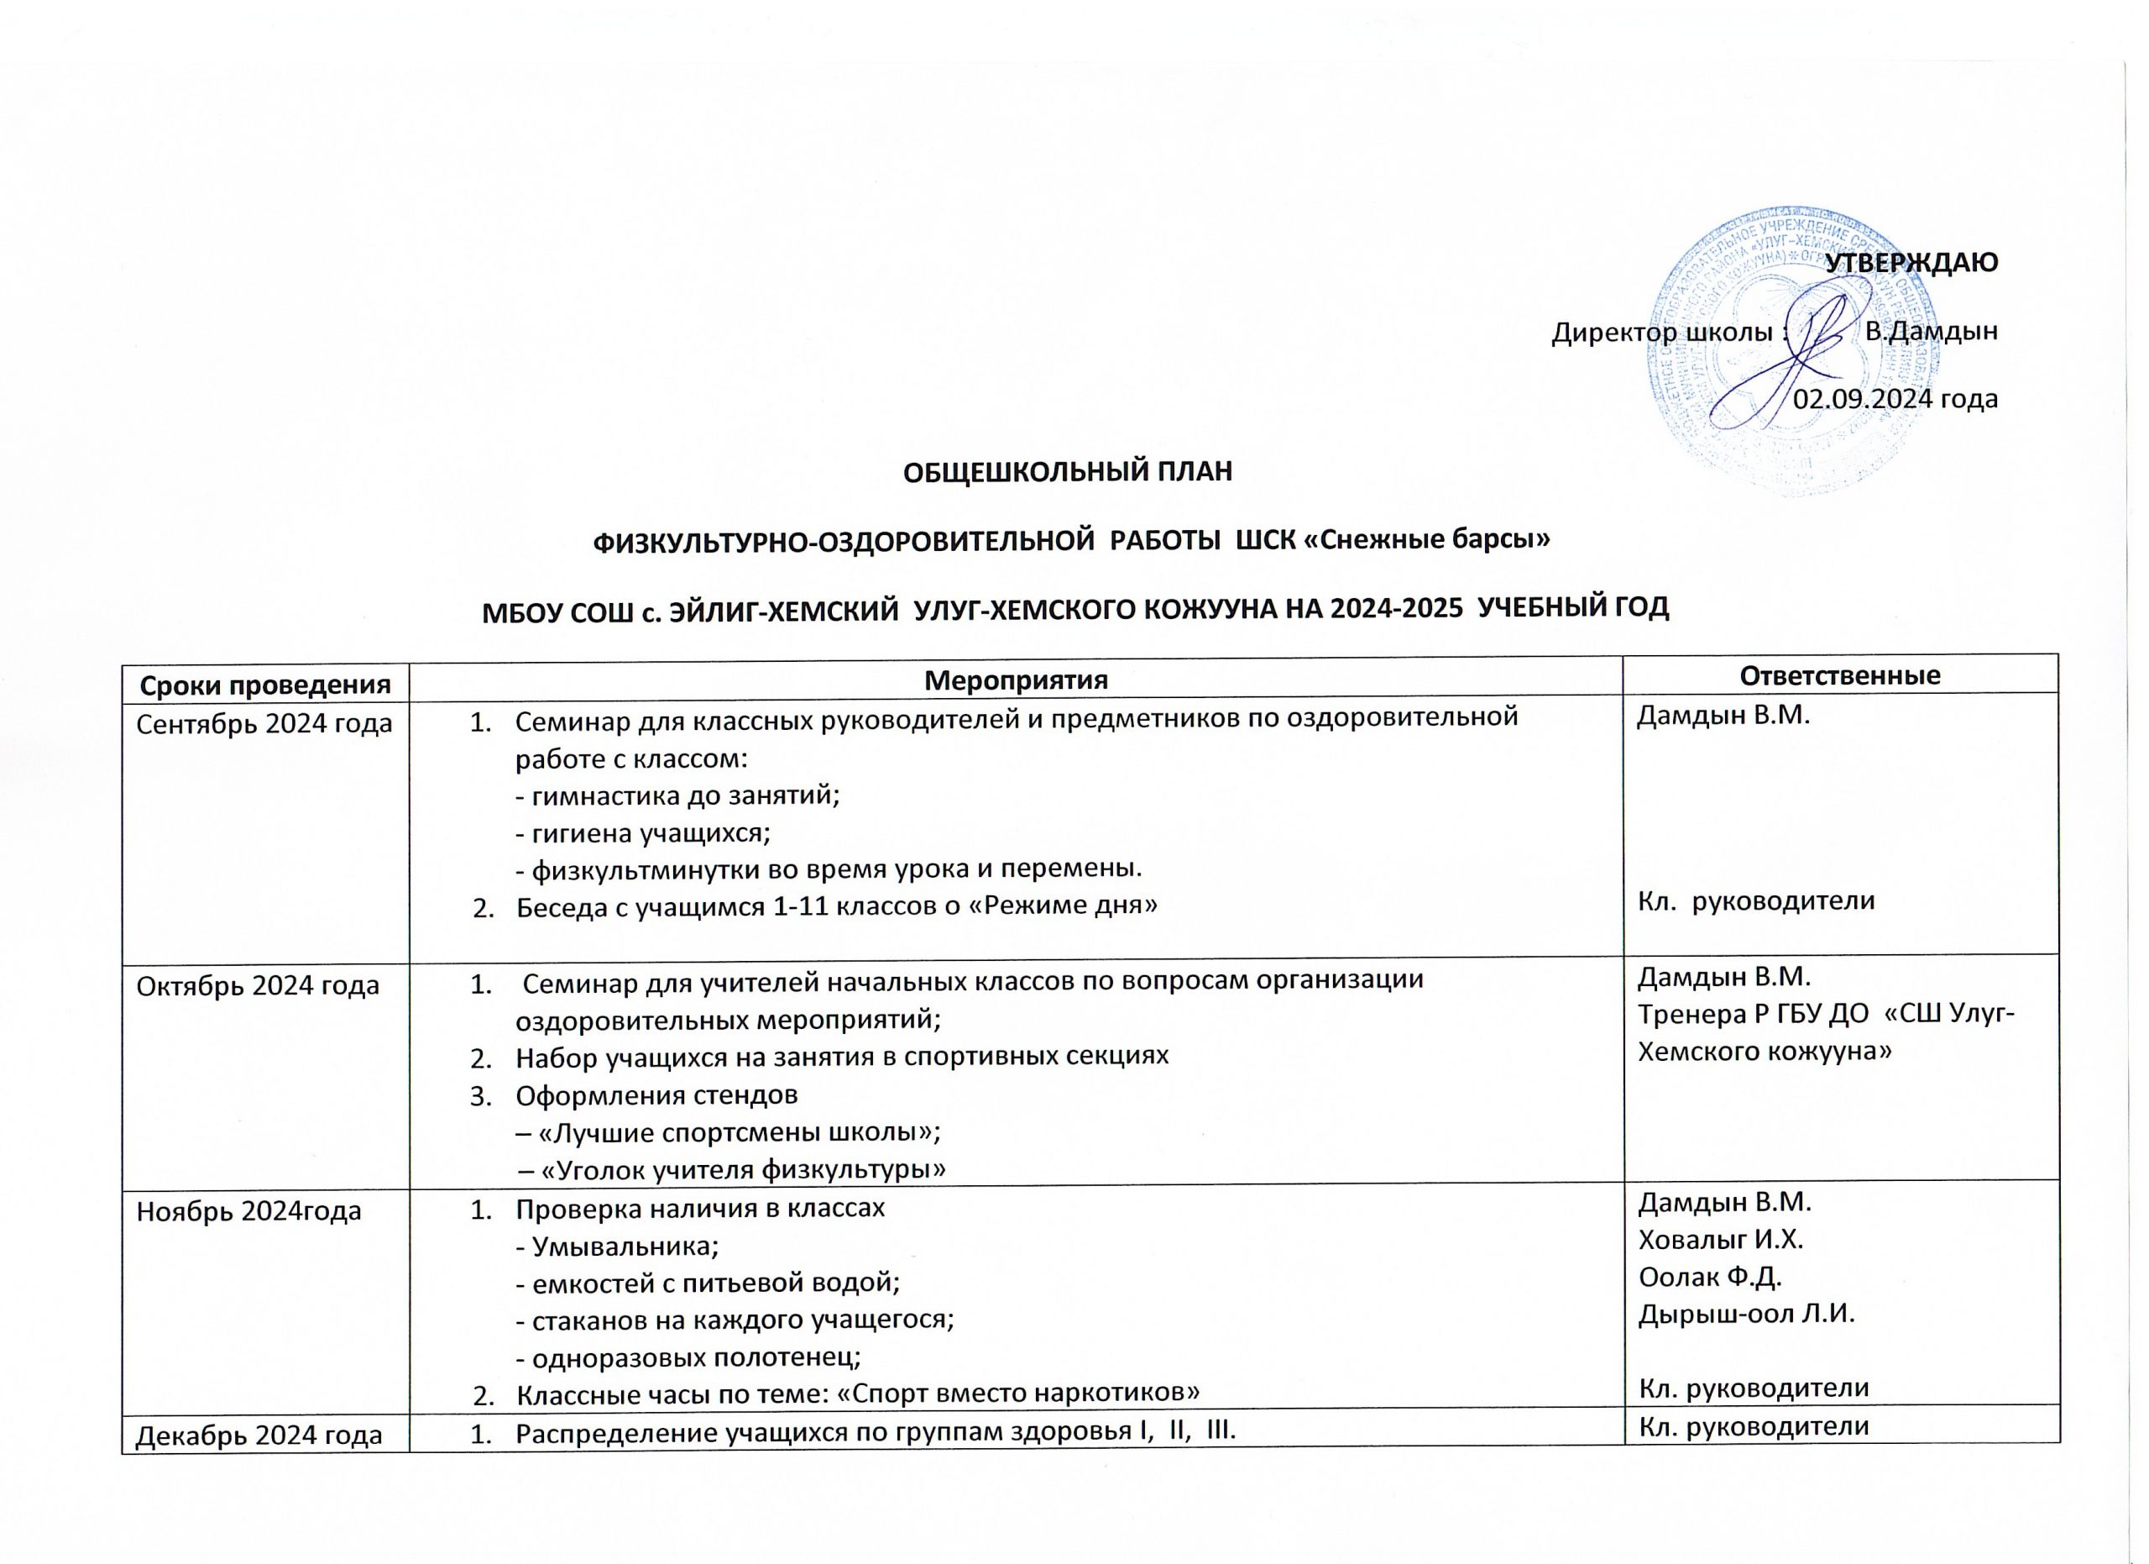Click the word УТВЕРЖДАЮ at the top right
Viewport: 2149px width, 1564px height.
[x=1911, y=264]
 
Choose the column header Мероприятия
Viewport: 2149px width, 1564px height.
[x=1015, y=680]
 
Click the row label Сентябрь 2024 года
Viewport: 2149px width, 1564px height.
[x=264, y=724]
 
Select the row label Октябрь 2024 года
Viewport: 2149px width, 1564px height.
[x=258, y=986]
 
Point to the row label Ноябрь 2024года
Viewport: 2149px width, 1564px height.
[x=249, y=1211]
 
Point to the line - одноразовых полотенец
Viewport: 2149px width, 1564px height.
[x=687, y=1357]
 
